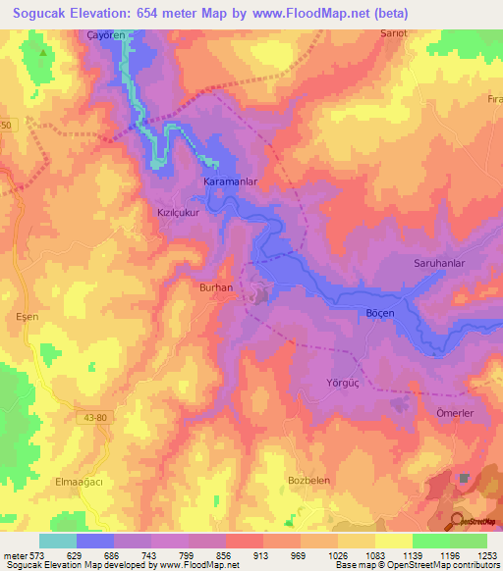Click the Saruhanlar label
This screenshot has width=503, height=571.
[437, 264]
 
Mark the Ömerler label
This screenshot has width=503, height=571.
[455, 413]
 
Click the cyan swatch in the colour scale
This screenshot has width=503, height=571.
[57, 541]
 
